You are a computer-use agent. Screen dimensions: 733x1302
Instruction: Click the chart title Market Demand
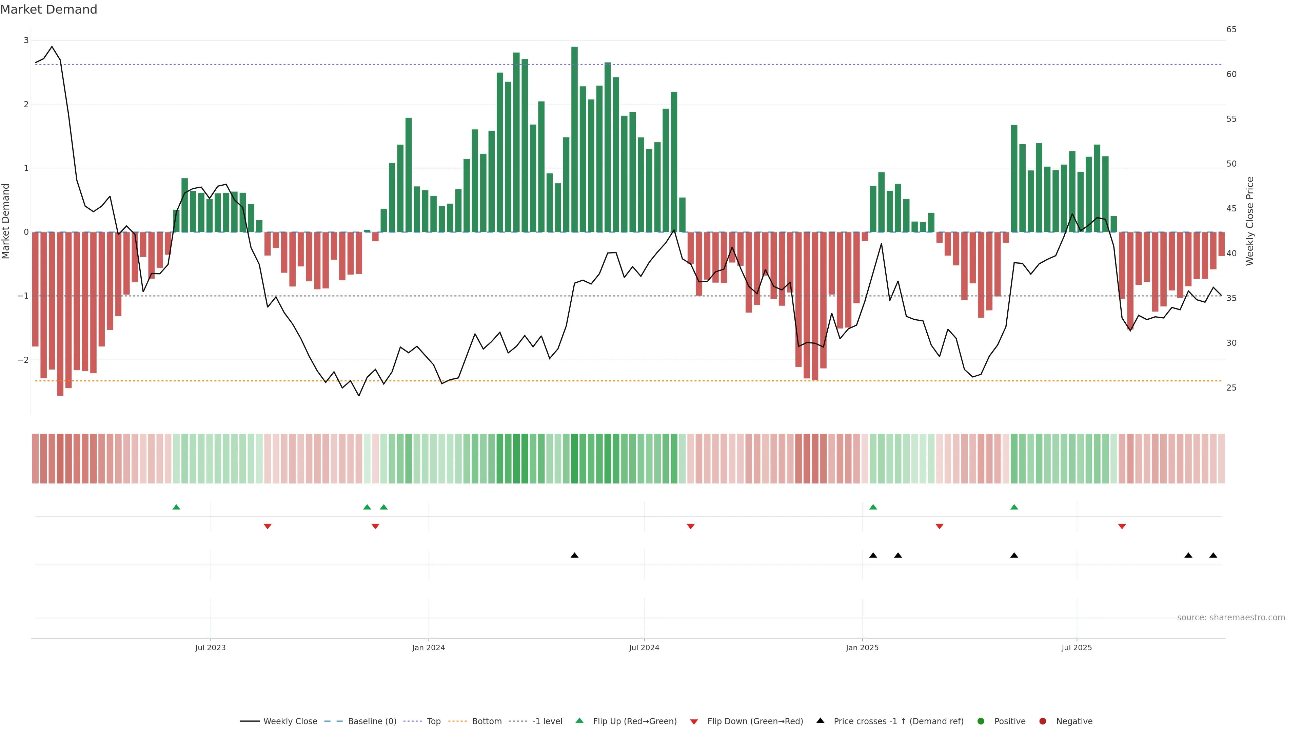[48, 10]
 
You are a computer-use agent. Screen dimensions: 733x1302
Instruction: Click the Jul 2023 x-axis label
[210, 647]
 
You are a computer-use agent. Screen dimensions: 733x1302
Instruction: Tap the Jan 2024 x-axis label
[428, 647]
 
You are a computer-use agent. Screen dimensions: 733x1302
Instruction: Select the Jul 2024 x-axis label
[644, 647]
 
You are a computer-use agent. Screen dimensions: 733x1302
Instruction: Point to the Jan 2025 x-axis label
[862, 647]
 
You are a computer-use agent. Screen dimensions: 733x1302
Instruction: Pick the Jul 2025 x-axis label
[1077, 647]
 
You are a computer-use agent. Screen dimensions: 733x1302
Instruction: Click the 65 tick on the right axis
[1231, 29]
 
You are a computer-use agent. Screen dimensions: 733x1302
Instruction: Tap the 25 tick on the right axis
[1231, 388]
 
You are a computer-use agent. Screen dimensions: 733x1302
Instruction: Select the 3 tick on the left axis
[26, 40]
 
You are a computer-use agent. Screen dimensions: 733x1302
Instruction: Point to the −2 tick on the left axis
[23, 360]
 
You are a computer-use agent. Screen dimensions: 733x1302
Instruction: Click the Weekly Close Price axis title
[1250, 221]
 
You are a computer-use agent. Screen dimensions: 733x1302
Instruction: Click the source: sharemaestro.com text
[1231, 618]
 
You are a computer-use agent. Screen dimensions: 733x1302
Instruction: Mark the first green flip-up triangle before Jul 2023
[176, 507]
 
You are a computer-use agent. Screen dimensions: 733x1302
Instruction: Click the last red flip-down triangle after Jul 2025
[1122, 527]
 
